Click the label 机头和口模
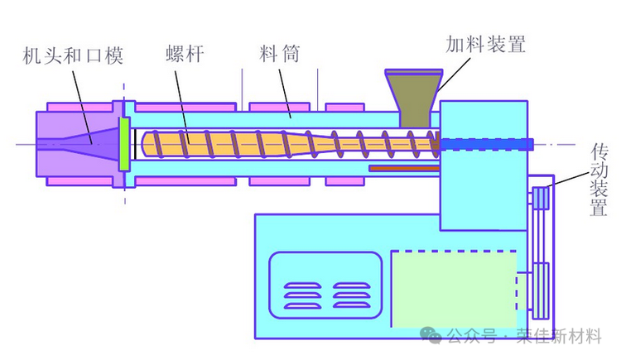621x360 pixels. click(73, 56)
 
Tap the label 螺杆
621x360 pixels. click(184, 56)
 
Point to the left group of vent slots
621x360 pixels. click(301, 295)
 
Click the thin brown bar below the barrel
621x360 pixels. click(402, 169)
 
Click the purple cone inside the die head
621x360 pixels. click(91, 143)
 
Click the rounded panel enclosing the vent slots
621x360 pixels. click(325, 286)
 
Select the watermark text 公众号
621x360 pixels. click(471, 336)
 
